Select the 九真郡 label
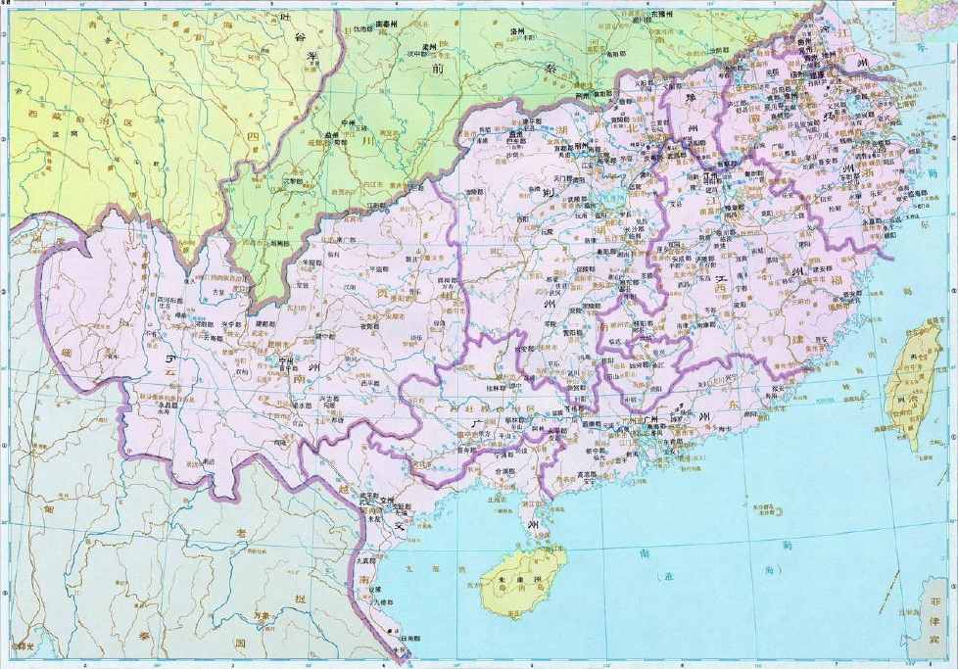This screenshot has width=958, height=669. (x=365, y=561)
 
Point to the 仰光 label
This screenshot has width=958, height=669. (x=22, y=647)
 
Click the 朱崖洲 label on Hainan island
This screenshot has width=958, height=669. (x=511, y=580)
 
